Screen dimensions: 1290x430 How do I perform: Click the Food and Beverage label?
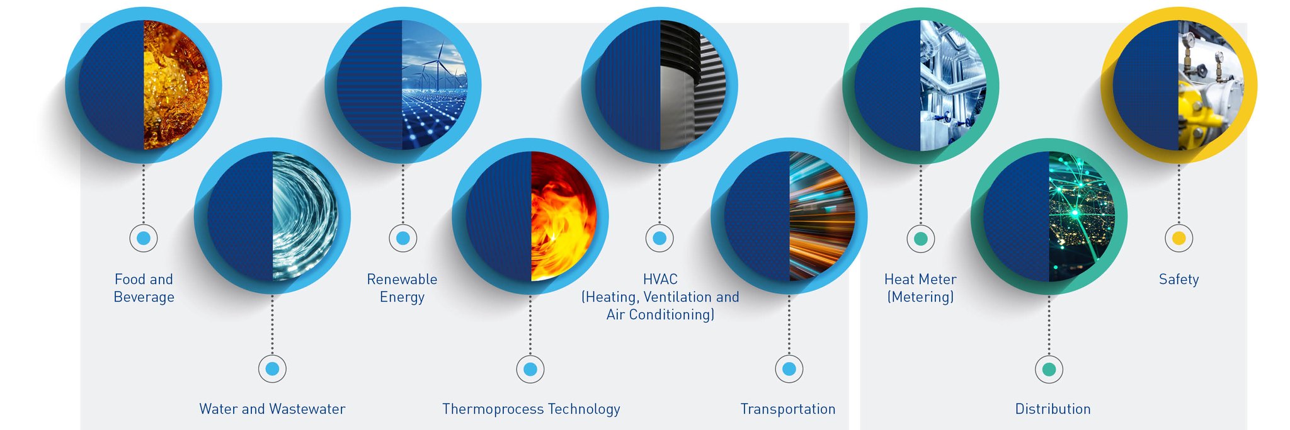(x=144, y=288)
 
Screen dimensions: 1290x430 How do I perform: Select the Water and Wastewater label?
(x=272, y=409)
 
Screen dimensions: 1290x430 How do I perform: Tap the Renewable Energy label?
(x=402, y=288)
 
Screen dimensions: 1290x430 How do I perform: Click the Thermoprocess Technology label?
(x=531, y=409)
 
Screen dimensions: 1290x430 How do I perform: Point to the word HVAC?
(x=660, y=280)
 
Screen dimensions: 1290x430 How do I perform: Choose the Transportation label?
(x=788, y=409)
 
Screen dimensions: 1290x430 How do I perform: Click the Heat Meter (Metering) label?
(x=920, y=288)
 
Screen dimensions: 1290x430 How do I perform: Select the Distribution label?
(x=1053, y=409)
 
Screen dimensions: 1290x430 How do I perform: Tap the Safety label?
(x=1179, y=280)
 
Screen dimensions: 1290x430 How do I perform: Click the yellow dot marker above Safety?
(x=1179, y=239)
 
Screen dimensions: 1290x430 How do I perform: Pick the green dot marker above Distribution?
(x=1049, y=370)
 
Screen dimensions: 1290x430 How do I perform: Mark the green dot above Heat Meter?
(x=920, y=239)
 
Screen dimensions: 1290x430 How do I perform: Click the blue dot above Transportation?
(x=789, y=369)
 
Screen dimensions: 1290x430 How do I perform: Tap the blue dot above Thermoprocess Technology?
(x=530, y=369)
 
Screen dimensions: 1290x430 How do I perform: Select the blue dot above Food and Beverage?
(x=144, y=239)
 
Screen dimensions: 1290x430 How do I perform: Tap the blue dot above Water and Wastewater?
(x=272, y=369)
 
